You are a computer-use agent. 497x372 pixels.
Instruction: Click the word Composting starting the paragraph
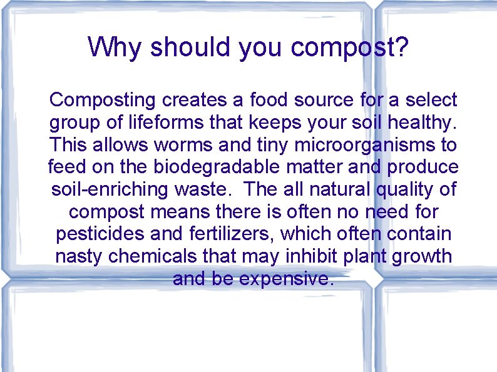(102, 100)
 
